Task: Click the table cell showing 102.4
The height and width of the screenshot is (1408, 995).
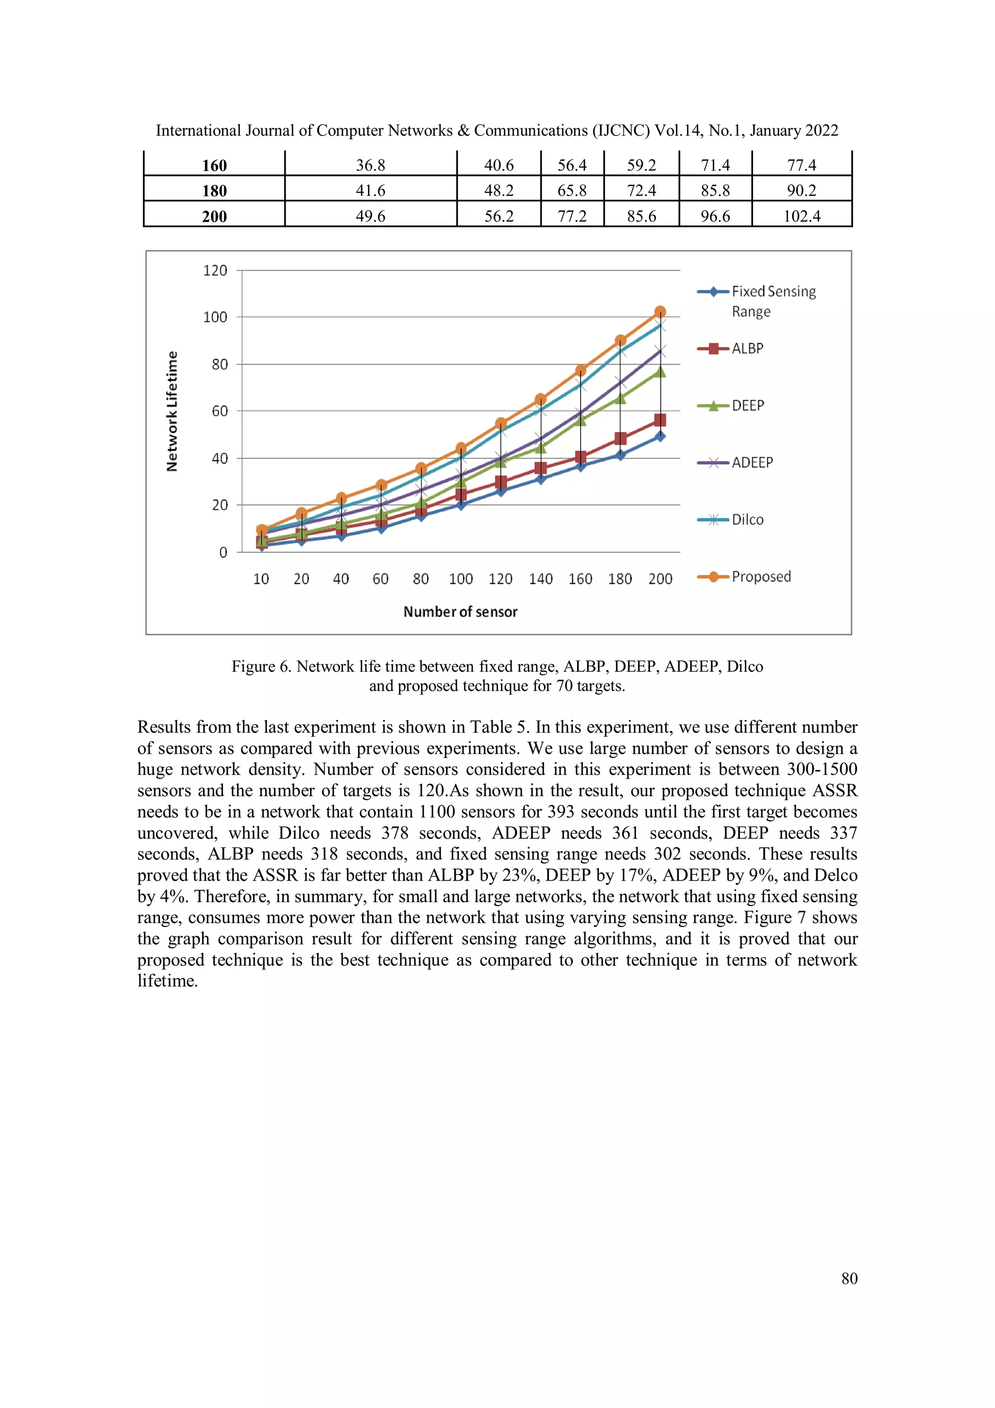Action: pyautogui.click(x=801, y=216)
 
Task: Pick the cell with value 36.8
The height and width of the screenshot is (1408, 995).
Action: pyautogui.click(x=370, y=165)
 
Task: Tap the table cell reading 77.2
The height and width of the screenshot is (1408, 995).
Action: pyautogui.click(x=571, y=216)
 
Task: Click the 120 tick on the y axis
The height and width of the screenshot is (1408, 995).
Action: pyautogui.click(x=215, y=270)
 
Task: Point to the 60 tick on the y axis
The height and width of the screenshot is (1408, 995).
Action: pyautogui.click(x=220, y=411)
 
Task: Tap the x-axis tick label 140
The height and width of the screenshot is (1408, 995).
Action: pyautogui.click(x=540, y=579)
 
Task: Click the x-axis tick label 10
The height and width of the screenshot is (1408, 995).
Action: pyautogui.click(x=261, y=579)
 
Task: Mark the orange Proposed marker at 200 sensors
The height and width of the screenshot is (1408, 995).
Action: pyautogui.click(x=660, y=312)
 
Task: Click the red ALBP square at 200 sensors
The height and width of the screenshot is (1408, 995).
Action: pyautogui.click(x=660, y=420)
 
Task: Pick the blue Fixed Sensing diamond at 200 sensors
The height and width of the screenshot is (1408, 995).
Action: pyautogui.click(x=660, y=436)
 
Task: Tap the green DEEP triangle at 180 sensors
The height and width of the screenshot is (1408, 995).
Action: pyautogui.click(x=620, y=399)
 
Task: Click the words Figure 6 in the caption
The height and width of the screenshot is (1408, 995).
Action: pyautogui.click(x=260, y=667)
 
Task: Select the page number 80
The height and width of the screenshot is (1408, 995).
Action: pyautogui.click(x=849, y=1278)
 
